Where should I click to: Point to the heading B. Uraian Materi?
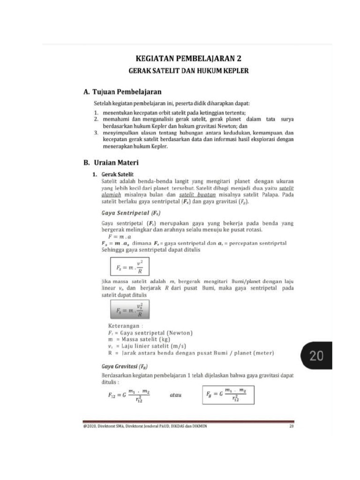pos(111,163)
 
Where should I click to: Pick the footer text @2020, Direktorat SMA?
pos(144,426)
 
